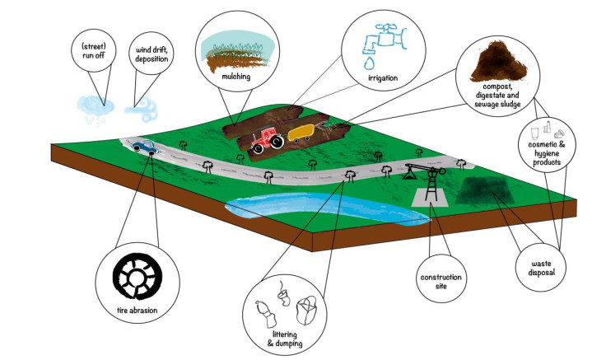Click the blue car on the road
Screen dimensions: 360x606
tap(144, 147)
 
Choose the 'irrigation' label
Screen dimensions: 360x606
tap(383, 78)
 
